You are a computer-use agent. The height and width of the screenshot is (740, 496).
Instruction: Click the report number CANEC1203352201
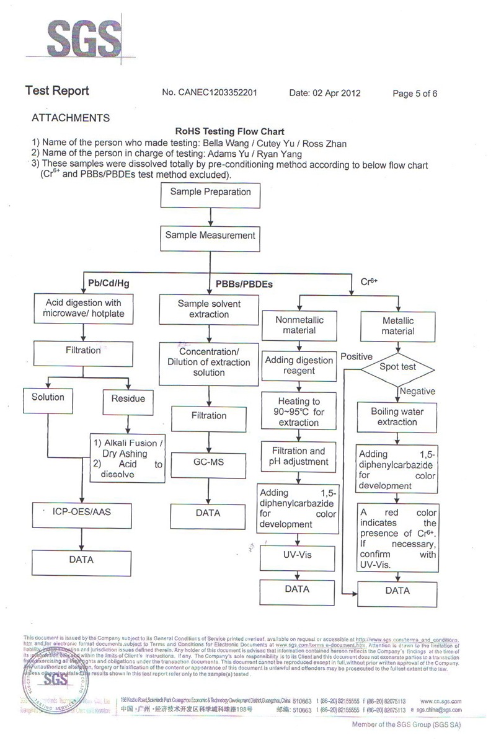(x=210, y=93)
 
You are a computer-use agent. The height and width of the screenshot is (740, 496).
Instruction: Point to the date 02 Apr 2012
(x=325, y=93)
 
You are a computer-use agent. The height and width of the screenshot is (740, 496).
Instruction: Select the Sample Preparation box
(x=210, y=193)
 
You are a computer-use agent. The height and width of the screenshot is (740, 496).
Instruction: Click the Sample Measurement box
(x=210, y=236)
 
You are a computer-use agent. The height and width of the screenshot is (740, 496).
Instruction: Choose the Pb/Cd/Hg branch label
(x=108, y=283)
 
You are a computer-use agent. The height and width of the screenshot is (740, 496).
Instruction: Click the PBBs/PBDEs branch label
(x=244, y=284)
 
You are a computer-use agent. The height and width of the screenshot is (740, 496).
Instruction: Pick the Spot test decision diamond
(x=397, y=367)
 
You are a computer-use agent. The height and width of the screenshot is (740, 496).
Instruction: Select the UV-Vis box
(x=297, y=557)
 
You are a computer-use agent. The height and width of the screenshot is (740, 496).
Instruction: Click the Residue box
(x=128, y=399)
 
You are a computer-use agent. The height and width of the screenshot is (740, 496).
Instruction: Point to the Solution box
(x=48, y=398)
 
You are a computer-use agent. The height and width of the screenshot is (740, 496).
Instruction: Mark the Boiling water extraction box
(x=397, y=416)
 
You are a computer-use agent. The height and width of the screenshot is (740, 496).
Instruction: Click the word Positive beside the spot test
(x=356, y=357)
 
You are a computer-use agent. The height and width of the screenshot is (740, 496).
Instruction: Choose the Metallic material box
(x=397, y=326)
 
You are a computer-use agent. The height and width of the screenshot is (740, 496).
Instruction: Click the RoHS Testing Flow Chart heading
(x=230, y=131)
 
